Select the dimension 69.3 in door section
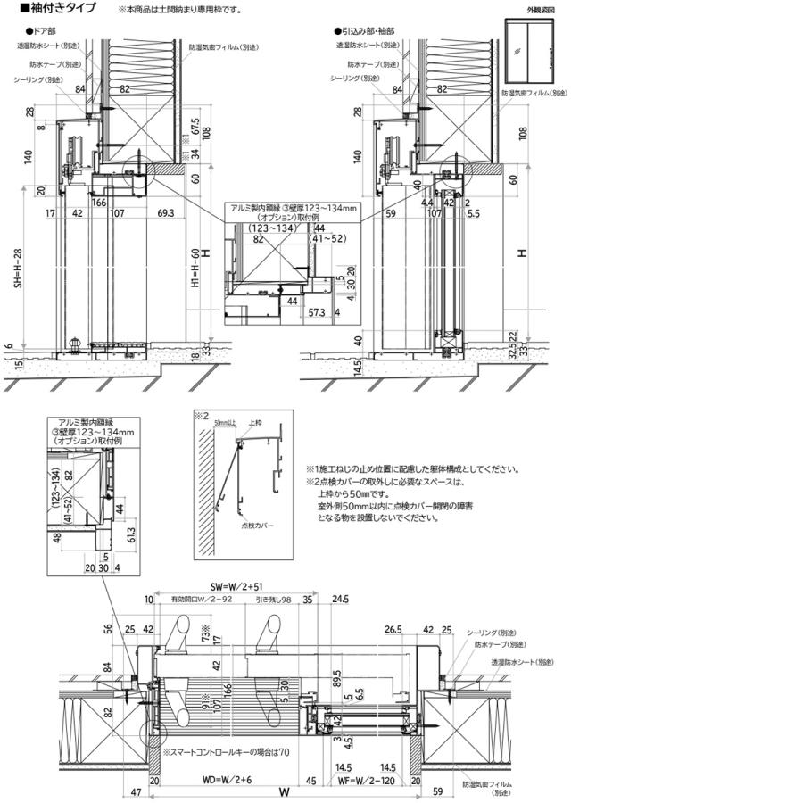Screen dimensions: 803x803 tap(165, 214)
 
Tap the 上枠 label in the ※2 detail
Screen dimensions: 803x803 tap(255, 424)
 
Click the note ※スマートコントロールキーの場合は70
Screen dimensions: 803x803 tap(227, 752)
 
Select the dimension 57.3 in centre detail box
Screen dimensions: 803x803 tap(316, 313)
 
